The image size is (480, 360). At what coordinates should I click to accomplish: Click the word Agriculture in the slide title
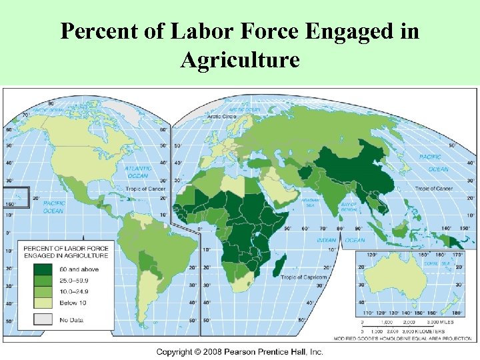239,61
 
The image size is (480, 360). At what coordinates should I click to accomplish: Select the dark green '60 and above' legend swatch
43,269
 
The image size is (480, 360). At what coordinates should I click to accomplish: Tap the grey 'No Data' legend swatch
43,319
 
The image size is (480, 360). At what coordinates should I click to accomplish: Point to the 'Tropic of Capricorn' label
303,277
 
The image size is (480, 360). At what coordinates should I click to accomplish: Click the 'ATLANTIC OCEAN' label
138,172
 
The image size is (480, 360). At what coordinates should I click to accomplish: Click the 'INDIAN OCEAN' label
340,240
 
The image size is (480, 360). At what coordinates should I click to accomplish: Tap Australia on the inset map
397,278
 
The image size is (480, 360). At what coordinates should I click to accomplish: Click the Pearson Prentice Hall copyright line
239,351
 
